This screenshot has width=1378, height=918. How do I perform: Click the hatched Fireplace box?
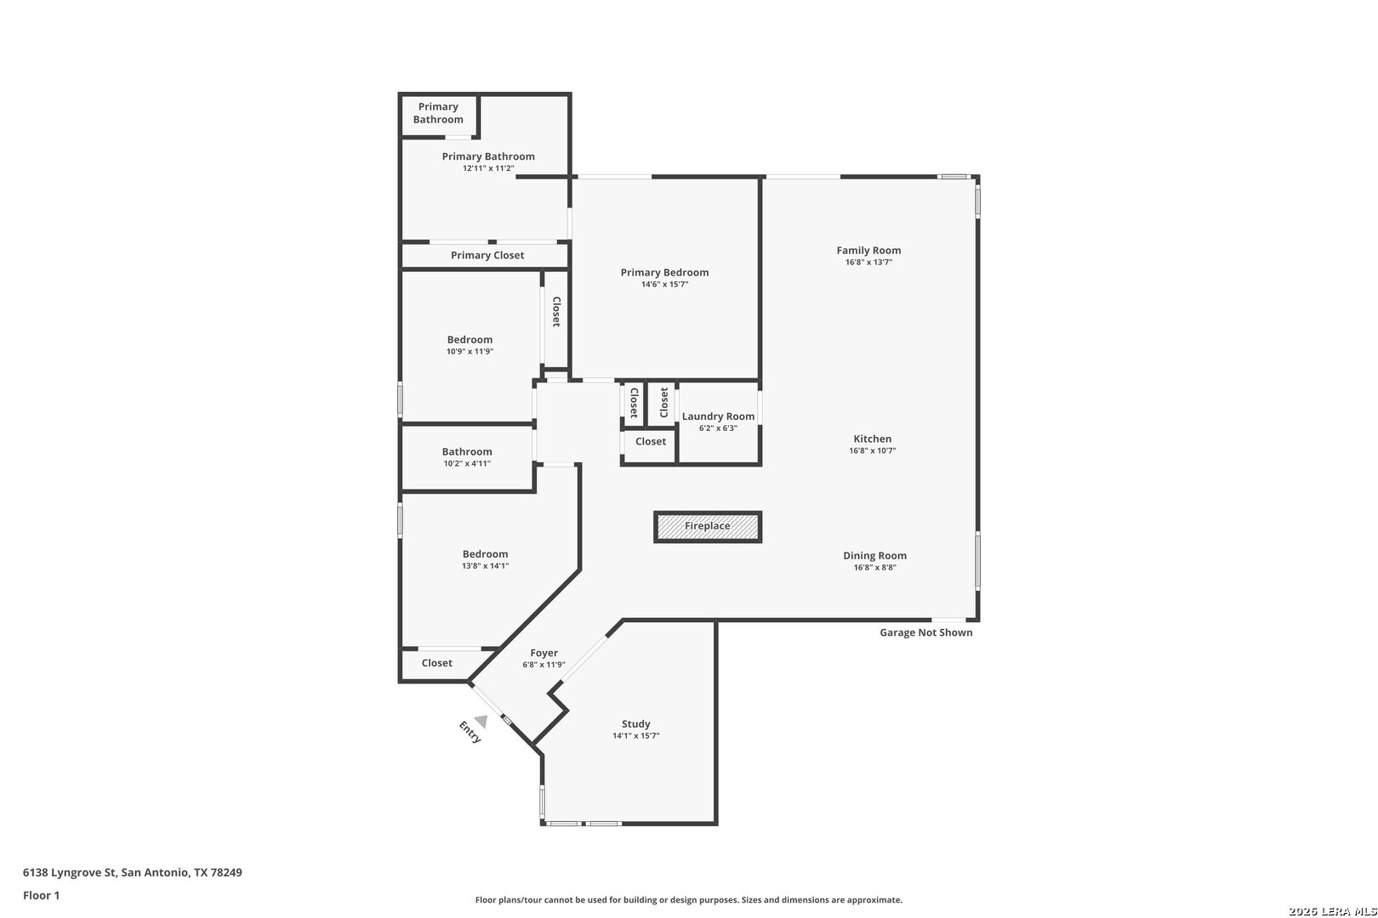pos(708,527)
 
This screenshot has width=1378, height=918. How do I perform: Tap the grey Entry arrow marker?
pos(481,722)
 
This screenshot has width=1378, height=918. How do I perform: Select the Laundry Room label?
pos(718,416)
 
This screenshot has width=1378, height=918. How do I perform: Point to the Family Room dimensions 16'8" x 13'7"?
pos(868,262)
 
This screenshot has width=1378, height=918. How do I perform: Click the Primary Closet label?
pos(487,255)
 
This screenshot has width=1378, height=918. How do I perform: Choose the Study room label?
pos(635,723)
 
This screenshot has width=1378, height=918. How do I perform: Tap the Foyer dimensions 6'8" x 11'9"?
pos(544,665)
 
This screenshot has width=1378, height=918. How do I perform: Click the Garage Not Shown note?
pos(925,632)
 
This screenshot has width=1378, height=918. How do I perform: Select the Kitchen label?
pos(873,439)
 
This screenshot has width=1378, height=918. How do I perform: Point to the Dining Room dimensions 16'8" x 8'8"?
pos(874,568)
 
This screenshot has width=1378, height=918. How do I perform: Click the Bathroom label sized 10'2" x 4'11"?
pos(467,451)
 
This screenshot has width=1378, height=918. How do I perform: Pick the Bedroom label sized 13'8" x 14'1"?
pos(486,554)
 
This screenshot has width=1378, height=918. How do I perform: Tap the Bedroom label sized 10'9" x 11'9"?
pos(470,339)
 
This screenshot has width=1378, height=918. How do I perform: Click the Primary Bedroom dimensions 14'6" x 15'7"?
pos(664,284)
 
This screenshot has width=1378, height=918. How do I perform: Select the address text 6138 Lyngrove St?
pos(70,872)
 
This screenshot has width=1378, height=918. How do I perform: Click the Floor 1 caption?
pos(41,895)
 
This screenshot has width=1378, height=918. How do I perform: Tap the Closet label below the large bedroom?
pos(436,663)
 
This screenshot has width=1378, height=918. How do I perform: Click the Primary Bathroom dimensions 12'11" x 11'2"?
pos(488,167)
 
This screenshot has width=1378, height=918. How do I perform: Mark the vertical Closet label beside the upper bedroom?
pos(556,312)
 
